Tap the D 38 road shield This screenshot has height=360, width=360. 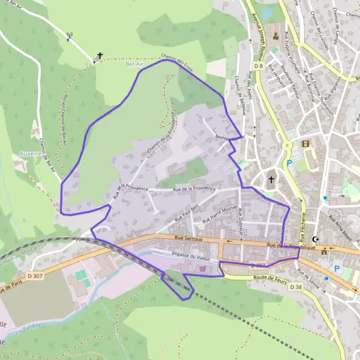[x=296, y=287]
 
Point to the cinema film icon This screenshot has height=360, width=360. [x=307, y=144]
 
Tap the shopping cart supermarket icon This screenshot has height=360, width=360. [x=203, y=269]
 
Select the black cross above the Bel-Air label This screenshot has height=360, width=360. [x=99, y=56]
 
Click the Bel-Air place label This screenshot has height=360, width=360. [x=133, y=62]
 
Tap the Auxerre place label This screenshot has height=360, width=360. [x=30, y=153]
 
